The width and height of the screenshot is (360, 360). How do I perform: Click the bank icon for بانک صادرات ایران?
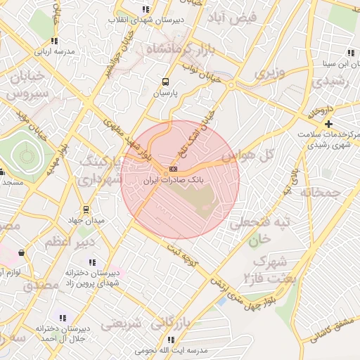click(174, 169)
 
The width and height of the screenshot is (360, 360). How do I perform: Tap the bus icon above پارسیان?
click(165, 82)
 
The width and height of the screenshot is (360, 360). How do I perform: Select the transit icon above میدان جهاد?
click(86, 209)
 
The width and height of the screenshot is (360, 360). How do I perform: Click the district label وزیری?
click(270, 72)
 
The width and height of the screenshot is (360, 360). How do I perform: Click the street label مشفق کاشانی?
click(330, 330)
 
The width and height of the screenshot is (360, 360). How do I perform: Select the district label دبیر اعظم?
click(69, 243)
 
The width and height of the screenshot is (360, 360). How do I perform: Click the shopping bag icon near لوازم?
click(20, 252)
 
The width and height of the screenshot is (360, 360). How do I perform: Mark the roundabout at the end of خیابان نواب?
click(231, 84)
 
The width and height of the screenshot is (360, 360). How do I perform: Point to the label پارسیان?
click(166, 93)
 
